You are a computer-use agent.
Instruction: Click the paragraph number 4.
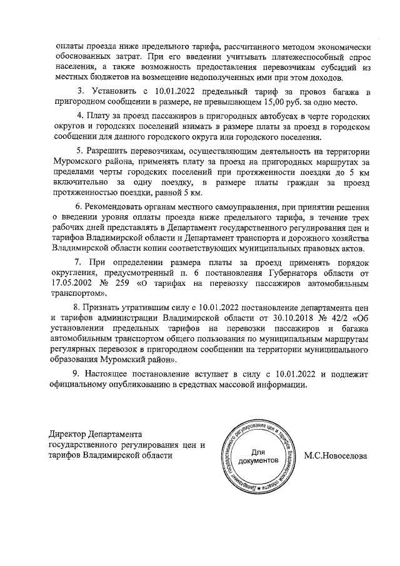tap(79, 117)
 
